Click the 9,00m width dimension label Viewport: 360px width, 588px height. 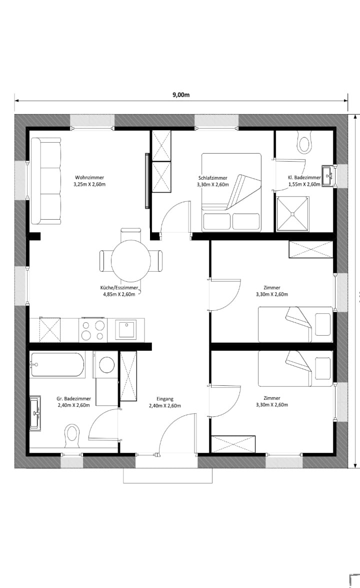(181, 95)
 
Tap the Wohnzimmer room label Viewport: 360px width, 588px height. (89, 177)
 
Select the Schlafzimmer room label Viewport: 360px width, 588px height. (213, 178)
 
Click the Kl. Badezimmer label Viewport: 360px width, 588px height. (304, 178)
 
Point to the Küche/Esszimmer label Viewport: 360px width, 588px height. (119, 288)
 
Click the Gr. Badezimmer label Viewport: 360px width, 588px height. (74, 399)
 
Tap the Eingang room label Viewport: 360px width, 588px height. (165, 399)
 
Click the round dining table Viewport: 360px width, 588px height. (131, 260)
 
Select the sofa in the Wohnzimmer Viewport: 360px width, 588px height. (45, 181)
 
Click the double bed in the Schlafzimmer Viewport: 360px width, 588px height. (231, 192)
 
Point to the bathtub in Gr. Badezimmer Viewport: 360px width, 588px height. (57, 364)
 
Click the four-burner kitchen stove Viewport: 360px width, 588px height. (92, 330)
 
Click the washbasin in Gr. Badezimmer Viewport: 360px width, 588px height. (35, 413)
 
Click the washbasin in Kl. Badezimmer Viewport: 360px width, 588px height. (327, 175)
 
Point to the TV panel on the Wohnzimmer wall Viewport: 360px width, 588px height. (147, 180)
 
